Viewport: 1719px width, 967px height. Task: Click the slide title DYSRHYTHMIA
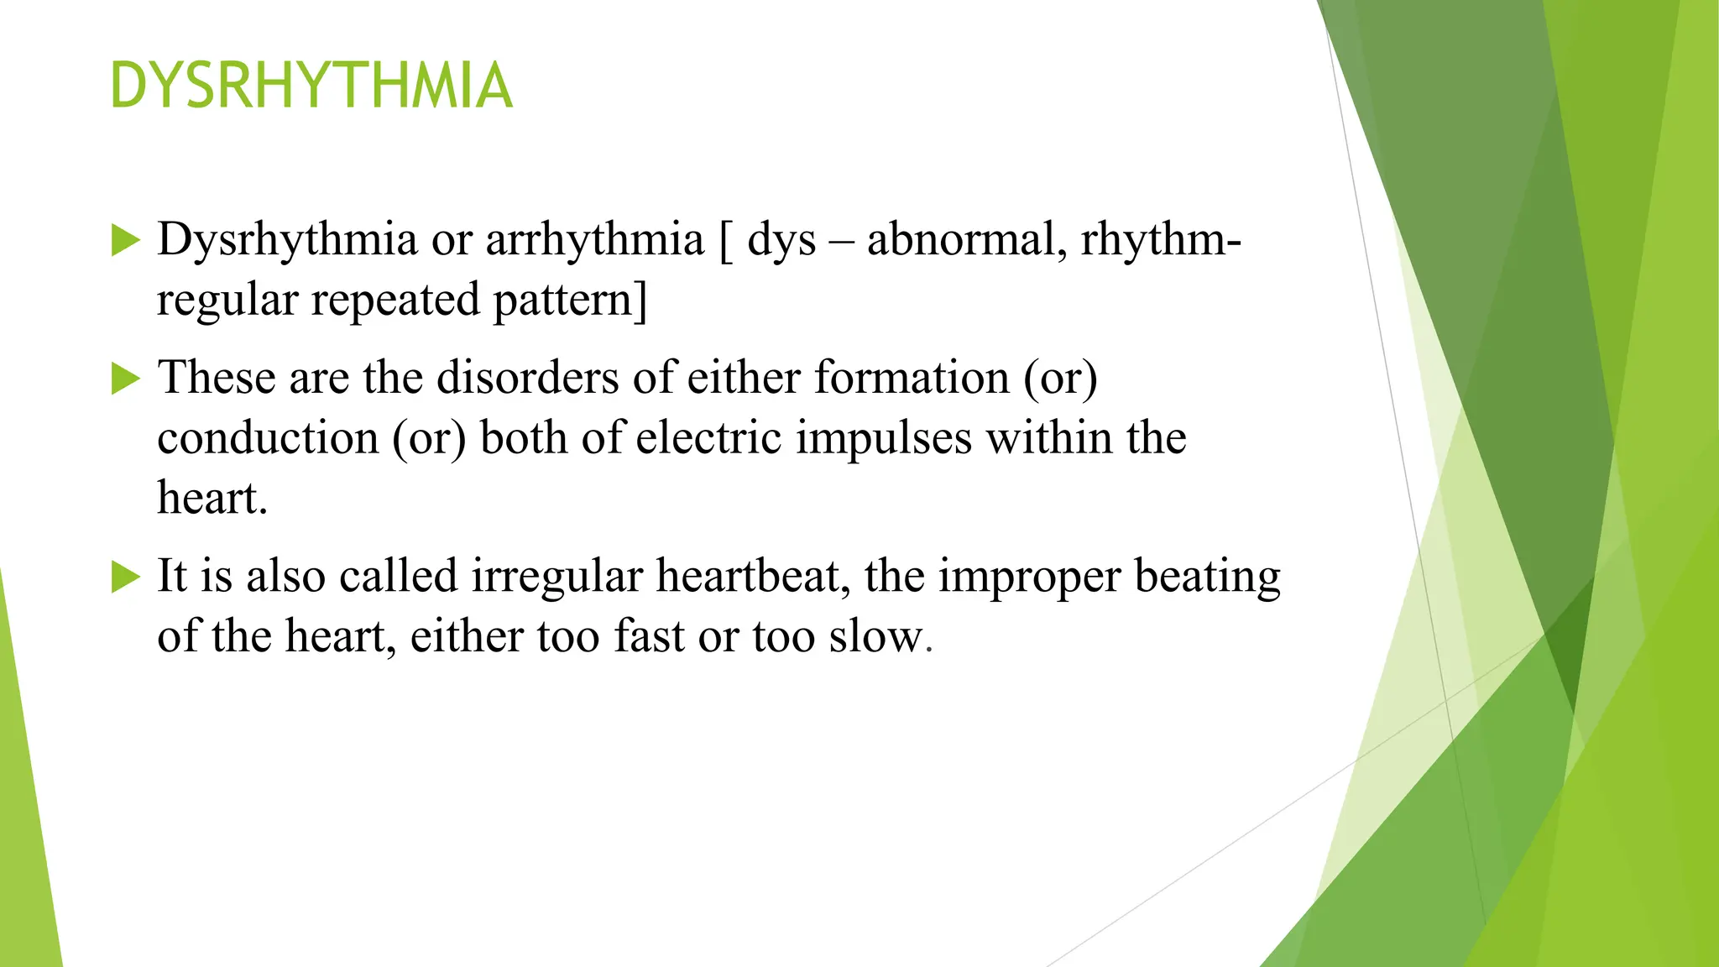[311, 86]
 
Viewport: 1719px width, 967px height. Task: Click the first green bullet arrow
[125, 241]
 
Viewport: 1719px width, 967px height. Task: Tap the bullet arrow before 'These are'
[125, 379]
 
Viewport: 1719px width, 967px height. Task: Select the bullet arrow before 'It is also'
[125, 577]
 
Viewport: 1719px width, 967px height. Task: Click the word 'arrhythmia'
[594, 240]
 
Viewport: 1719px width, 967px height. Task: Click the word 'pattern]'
[570, 301]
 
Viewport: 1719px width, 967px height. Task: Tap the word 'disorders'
[527, 377]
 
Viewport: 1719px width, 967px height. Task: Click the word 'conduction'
[268, 438]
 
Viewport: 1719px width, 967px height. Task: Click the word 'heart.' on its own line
[212, 499]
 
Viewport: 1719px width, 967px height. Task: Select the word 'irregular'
[556, 577]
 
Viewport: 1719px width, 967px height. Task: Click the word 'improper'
[1029, 577]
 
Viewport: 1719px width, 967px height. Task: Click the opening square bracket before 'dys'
[726, 242]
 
